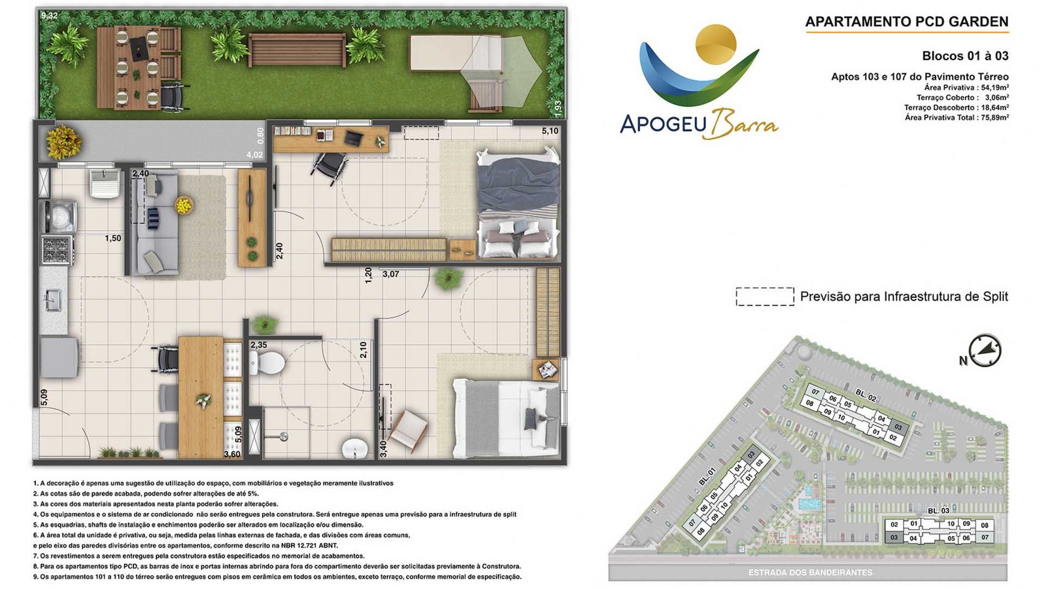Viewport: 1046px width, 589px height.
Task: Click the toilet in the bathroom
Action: [x=267, y=363]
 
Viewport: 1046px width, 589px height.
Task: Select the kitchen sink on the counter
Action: [x=53, y=300]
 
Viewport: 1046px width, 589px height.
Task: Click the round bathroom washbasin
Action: [x=355, y=449]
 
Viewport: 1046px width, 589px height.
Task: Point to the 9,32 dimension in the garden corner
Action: [x=49, y=16]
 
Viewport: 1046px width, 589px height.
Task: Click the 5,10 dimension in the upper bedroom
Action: [x=550, y=131]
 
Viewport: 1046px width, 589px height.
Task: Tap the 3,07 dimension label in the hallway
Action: [x=391, y=274]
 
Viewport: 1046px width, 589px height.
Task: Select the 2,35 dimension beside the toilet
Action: [x=259, y=345]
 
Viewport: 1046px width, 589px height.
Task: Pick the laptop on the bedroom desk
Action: [x=354, y=137]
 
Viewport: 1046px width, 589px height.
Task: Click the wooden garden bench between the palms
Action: [x=297, y=50]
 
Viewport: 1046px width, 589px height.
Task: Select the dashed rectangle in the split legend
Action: [x=765, y=296]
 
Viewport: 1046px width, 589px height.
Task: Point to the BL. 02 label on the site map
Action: [x=866, y=397]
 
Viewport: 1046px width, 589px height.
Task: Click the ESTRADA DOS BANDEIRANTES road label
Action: [x=810, y=572]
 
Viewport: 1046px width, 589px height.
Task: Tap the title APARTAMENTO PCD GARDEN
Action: [x=907, y=22]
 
